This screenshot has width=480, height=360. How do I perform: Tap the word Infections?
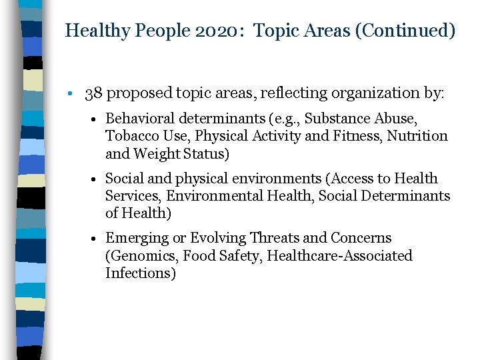(140, 273)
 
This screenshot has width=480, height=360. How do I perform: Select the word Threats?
(273, 238)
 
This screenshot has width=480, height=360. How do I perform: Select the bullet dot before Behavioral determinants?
(97, 119)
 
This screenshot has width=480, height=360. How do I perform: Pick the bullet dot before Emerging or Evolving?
(97, 239)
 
